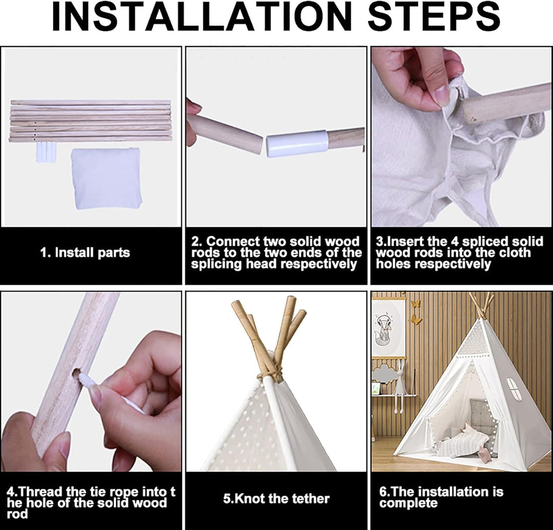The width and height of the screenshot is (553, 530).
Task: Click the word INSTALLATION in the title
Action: point(202,17)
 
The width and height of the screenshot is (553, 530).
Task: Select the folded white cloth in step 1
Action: point(106,178)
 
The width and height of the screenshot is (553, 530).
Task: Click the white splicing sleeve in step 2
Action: point(297,143)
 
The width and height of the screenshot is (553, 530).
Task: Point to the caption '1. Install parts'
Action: point(85,252)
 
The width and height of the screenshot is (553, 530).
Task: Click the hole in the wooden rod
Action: point(76,373)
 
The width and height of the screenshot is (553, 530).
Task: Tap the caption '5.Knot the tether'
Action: point(276,499)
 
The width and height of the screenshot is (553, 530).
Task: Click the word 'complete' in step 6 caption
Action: point(409,503)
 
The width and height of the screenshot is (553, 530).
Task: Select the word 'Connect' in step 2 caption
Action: point(229,242)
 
